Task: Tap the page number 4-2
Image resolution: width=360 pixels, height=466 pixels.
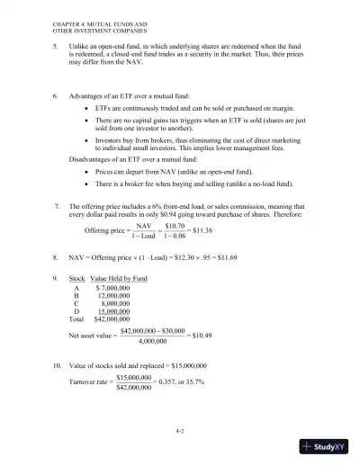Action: coord(181,431)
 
